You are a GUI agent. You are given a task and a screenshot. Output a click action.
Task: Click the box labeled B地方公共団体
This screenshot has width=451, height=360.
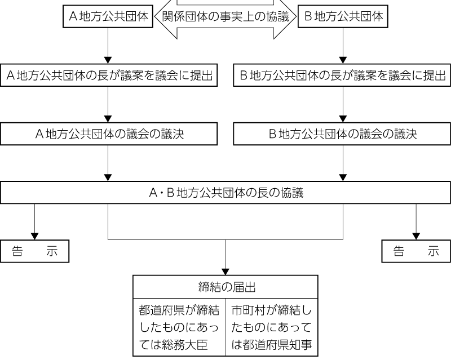(343, 16)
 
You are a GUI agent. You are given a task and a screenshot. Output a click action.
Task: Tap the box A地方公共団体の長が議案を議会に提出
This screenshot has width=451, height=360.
(109, 75)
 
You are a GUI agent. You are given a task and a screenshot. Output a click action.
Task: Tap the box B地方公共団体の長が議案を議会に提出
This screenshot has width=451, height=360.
(342, 75)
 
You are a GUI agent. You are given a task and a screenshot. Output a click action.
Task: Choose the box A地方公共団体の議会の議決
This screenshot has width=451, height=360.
(109, 134)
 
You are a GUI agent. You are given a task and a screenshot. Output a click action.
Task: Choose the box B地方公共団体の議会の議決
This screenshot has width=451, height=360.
(342, 134)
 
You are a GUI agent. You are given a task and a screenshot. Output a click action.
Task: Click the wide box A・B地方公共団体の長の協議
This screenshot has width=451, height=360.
(225, 193)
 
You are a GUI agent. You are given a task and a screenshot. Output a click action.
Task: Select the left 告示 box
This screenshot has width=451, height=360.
(35, 252)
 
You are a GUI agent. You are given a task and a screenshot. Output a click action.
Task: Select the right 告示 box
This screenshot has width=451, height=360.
(416, 252)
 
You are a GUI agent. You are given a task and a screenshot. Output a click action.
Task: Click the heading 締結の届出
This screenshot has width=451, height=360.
(225, 287)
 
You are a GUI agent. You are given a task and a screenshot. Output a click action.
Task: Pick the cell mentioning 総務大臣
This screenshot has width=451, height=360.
(179, 327)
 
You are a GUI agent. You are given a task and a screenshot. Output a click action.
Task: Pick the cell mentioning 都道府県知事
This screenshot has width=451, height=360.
(272, 327)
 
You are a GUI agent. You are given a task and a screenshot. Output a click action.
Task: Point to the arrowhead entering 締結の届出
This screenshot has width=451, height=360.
(225, 270)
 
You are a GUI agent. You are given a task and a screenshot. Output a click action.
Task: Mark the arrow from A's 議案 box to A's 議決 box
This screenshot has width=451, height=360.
(108, 104)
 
